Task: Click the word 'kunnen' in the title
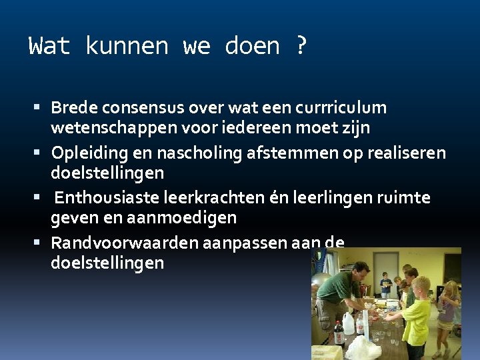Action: (127, 46)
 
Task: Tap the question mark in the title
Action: (301, 46)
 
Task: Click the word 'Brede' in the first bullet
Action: (73, 107)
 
